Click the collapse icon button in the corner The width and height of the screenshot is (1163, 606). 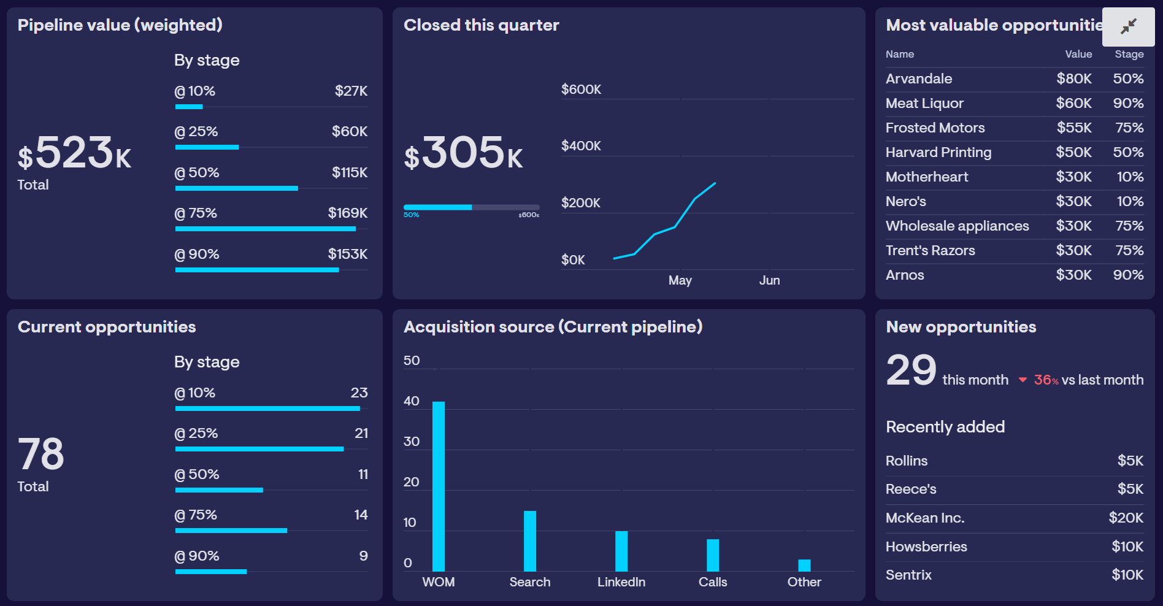click(1128, 26)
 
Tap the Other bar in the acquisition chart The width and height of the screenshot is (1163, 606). click(804, 565)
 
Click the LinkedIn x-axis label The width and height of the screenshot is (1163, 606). click(621, 582)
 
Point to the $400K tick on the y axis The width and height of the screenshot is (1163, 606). click(581, 146)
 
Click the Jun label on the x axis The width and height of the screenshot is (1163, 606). click(769, 280)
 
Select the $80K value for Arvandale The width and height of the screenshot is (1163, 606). click(1073, 79)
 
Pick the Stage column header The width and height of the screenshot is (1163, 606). click(1129, 54)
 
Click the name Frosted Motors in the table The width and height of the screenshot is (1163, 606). click(935, 128)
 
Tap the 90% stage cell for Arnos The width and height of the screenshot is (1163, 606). click(1128, 275)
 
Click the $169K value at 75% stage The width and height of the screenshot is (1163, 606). click(347, 213)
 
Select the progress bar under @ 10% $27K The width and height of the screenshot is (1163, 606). click(189, 107)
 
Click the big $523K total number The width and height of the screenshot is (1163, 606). click(75, 153)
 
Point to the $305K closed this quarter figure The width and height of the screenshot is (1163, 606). click(463, 153)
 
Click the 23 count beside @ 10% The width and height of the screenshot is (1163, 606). click(359, 393)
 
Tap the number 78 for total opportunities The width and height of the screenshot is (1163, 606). click(40, 454)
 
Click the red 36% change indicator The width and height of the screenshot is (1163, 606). click(1045, 380)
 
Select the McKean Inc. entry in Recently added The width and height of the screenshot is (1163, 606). click(924, 518)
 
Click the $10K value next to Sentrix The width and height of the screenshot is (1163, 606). click(1127, 575)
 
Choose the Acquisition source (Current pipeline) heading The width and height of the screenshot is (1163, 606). click(553, 327)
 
